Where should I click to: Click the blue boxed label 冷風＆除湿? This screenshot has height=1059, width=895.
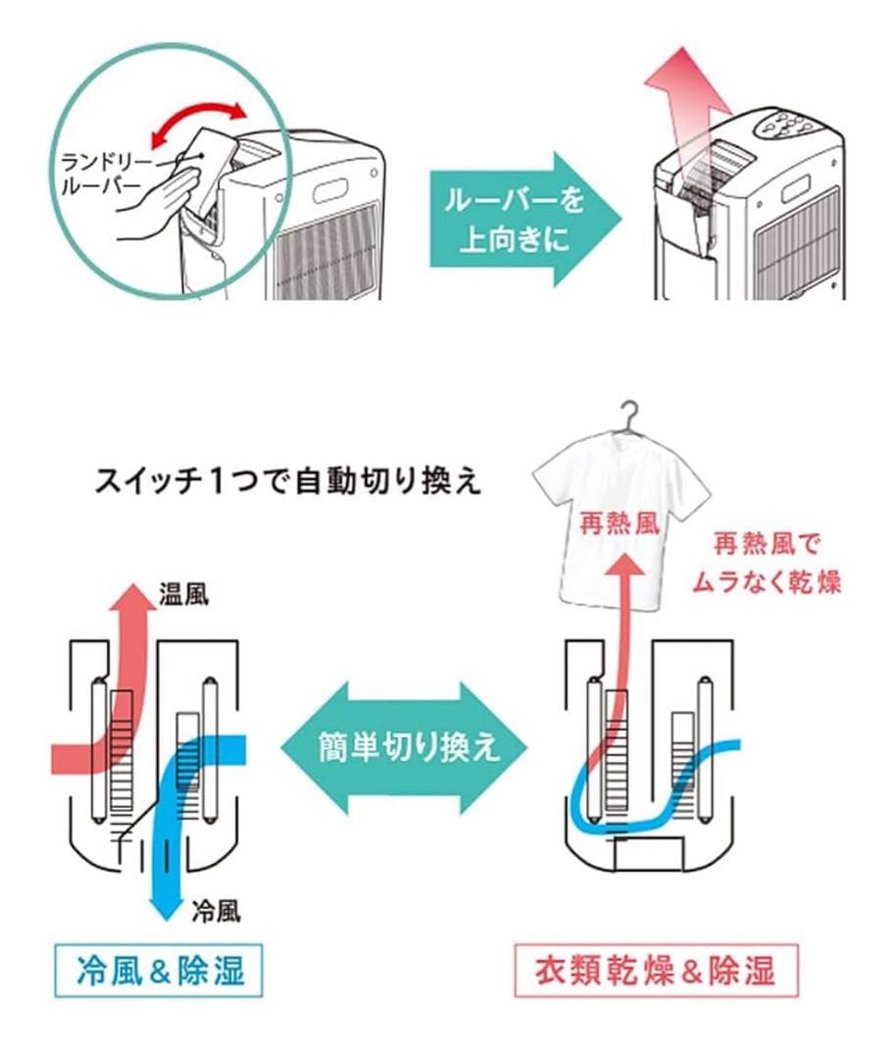point(159,971)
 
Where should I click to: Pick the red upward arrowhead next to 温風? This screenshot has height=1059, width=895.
point(127,597)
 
